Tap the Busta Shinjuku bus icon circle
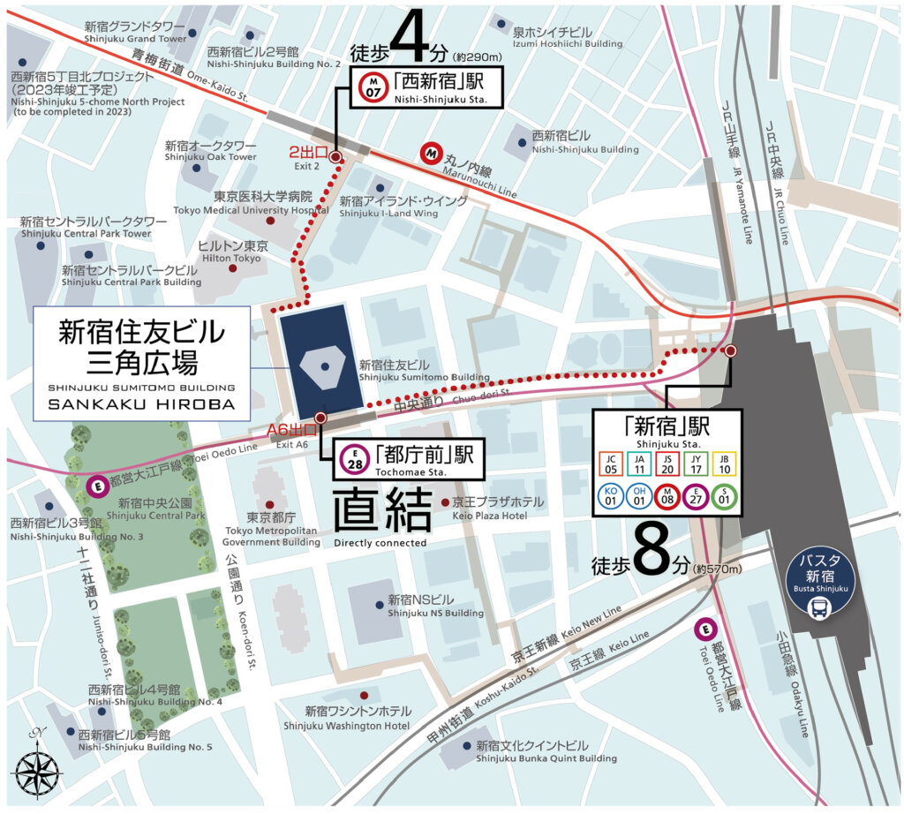(821, 586)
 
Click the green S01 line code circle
(726, 496)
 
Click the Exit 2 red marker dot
(335, 157)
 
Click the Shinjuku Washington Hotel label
(347, 718)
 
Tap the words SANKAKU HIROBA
(141, 403)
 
